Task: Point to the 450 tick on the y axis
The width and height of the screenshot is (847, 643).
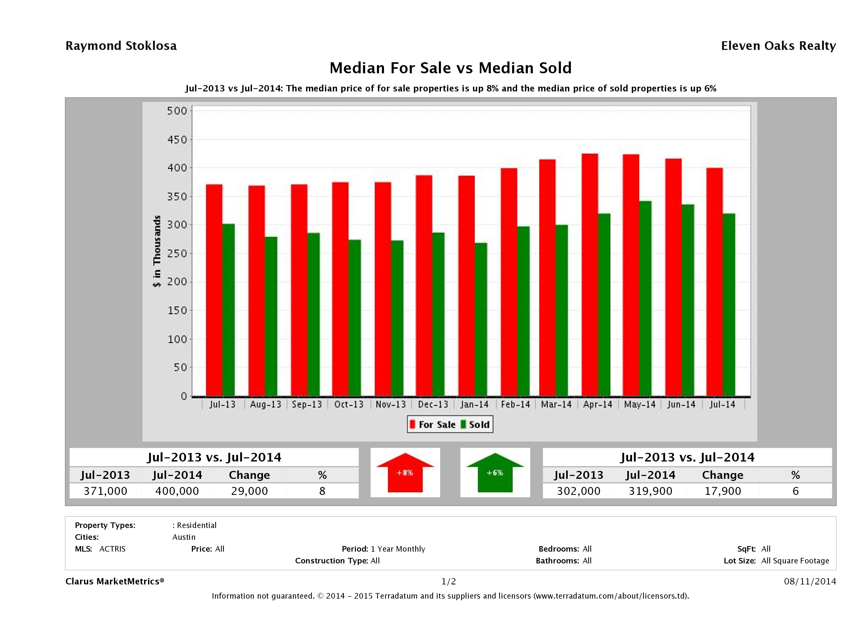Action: click(177, 140)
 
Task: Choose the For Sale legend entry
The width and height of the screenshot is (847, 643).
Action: click(433, 424)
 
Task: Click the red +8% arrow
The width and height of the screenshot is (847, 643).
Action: click(405, 473)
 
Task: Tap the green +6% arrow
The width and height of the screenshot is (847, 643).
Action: click(495, 473)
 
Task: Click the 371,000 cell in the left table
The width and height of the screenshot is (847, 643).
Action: click(105, 491)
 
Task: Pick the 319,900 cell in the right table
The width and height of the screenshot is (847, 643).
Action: click(650, 491)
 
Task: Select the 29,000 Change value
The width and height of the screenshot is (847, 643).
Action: click(249, 491)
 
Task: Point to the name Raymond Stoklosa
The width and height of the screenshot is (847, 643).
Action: click(121, 46)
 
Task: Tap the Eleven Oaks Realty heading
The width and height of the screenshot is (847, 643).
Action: click(778, 46)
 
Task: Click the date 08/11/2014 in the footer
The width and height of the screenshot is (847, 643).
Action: click(810, 581)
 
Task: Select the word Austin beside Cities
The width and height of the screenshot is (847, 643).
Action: click(184, 537)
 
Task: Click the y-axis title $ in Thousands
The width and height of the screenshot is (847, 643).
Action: click(157, 251)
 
